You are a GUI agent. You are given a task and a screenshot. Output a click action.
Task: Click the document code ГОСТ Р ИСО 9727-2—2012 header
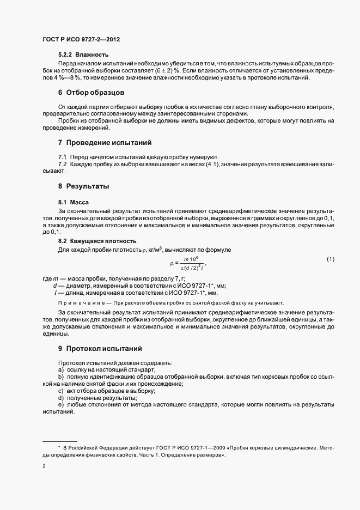click(81, 40)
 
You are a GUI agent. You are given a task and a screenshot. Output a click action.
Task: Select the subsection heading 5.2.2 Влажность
click(83, 54)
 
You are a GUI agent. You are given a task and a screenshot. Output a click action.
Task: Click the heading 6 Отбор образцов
click(91, 93)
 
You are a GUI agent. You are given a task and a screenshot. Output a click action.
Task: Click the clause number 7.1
click(62, 156)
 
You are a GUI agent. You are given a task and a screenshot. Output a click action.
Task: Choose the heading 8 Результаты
click(84, 186)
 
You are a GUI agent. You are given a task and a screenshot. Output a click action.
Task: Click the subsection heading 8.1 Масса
click(69, 202)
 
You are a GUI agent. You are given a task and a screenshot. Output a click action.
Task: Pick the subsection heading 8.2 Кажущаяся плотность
click(97, 241)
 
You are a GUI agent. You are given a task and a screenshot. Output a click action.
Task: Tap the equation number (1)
click(330, 258)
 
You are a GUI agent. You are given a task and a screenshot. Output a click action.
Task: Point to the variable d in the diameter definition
click(55, 286)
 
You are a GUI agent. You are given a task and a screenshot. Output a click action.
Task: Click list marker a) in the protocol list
click(60, 370)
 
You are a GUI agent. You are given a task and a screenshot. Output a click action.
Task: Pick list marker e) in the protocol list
click(60, 405)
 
